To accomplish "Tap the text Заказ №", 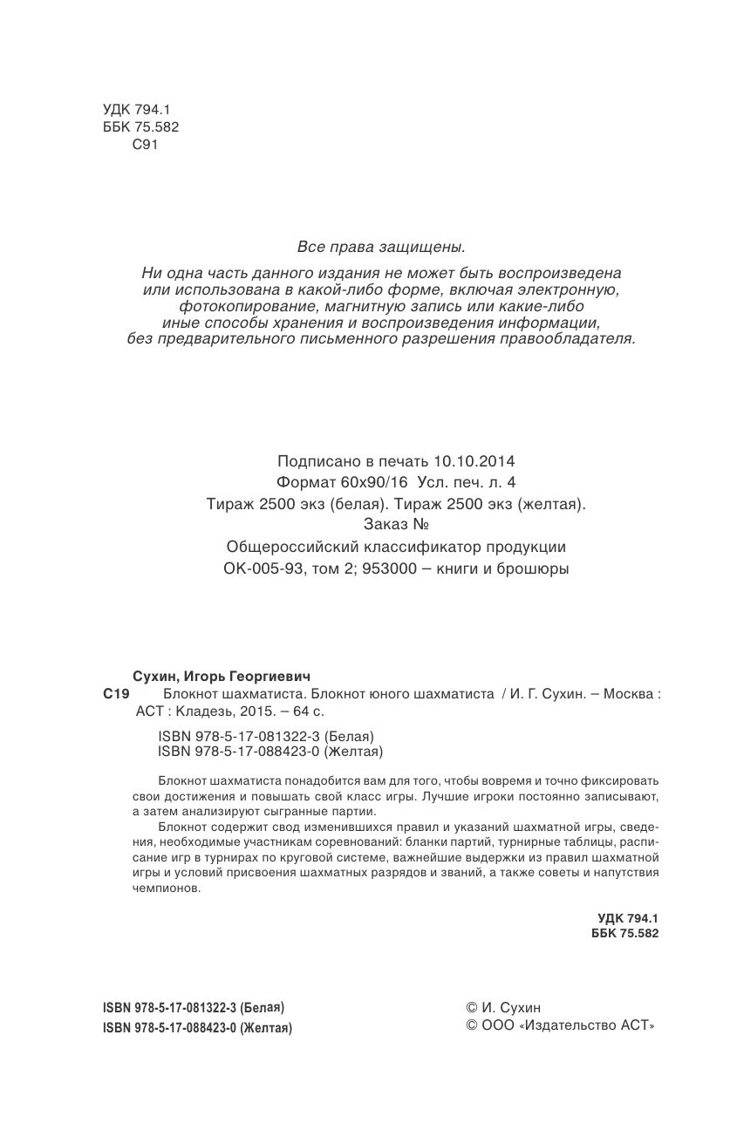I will coord(396,525).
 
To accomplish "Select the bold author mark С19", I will coord(115,694).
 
